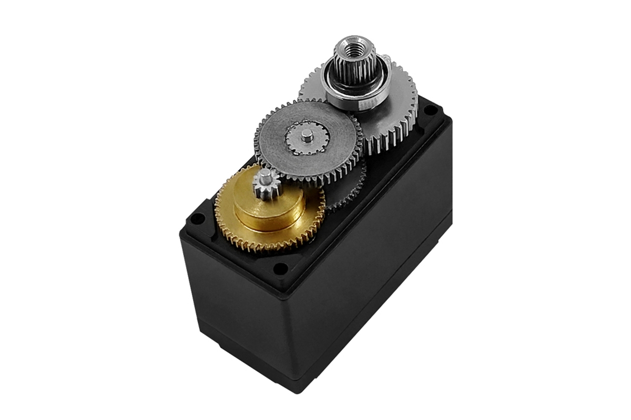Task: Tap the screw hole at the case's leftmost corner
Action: [x=197, y=218]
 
